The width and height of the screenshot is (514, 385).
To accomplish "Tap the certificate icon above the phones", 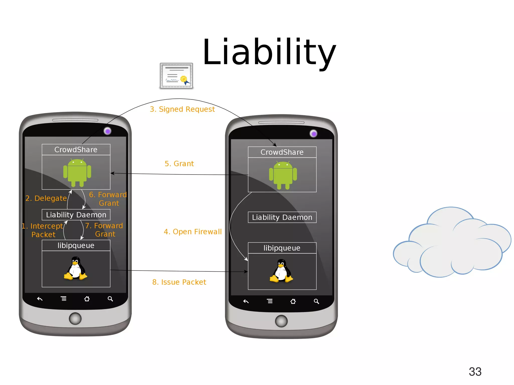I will tap(176, 76).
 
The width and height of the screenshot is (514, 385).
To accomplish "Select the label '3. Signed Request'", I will tap(182, 109).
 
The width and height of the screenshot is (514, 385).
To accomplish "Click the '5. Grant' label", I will tap(179, 164).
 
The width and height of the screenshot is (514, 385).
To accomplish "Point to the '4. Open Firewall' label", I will tap(192, 232).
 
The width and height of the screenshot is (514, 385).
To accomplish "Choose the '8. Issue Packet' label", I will tap(179, 282).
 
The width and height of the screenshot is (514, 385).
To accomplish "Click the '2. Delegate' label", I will tap(46, 198).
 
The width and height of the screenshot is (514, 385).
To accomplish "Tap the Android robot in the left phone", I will tap(77, 173).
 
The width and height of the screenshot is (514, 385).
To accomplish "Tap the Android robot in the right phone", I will tap(283, 175).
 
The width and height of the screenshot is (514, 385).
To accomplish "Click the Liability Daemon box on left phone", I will tap(76, 215).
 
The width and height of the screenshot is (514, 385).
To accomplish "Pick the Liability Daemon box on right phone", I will tap(282, 217).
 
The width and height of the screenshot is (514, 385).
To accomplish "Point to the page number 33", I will tap(475, 371).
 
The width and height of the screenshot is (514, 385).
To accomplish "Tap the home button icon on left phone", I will tap(87, 299).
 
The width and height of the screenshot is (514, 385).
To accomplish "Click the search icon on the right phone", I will tap(316, 301).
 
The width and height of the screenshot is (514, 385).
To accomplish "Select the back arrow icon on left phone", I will tap(40, 299).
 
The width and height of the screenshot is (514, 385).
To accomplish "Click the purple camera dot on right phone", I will tap(313, 134).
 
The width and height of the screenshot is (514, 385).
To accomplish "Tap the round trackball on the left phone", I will tap(75, 319).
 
